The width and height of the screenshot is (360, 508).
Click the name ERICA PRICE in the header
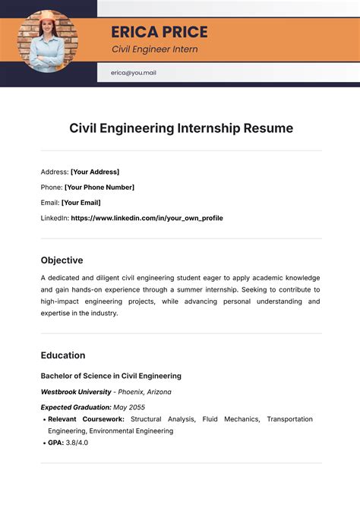click(159, 32)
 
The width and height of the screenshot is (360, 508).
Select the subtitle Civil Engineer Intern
click(154, 49)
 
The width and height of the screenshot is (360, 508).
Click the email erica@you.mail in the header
click(133, 74)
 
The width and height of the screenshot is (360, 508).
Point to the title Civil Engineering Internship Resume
click(181, 128)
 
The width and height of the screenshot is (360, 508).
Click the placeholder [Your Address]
click(95, 172)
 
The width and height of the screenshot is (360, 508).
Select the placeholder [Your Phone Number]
click(99, 187)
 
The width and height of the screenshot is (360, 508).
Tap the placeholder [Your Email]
click(81, 203)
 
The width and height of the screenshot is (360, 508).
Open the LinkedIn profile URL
click(147, 218)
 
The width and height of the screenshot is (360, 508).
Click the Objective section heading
click(62, 260)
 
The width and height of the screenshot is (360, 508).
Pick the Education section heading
click(63, 355)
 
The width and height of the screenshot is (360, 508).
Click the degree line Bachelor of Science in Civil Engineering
click(111, 376)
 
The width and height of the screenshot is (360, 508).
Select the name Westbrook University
click(74, 392)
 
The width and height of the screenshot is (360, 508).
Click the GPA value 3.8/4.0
click(77, 443)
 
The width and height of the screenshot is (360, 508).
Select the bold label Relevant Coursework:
click(86, 419)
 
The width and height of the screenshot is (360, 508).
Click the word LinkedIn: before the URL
click(54, 218)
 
